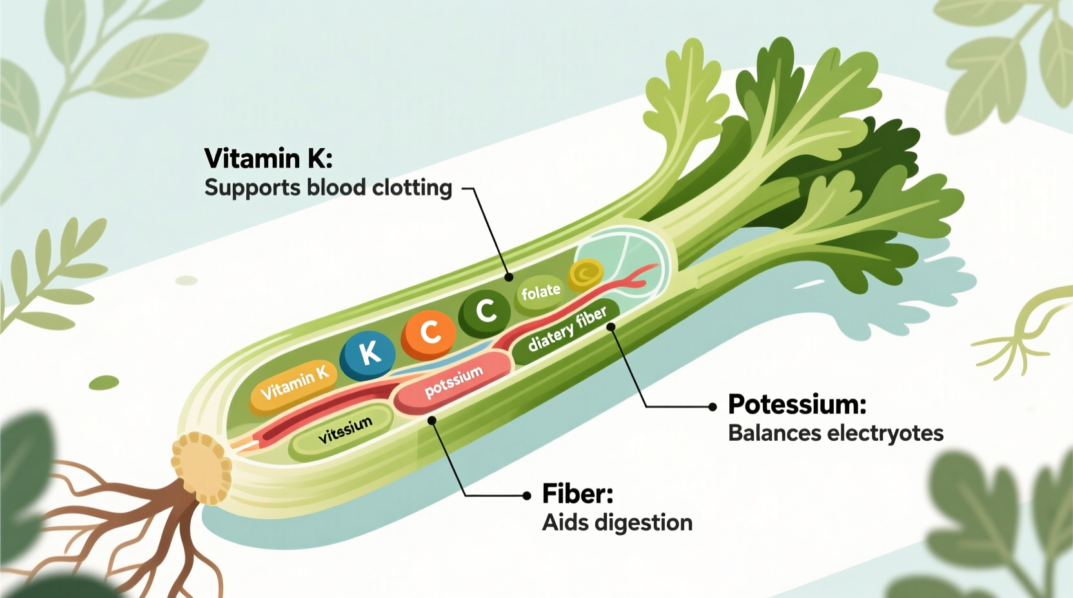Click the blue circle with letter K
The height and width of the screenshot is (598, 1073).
tap(368, 354)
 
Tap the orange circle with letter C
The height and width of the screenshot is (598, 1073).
tap(428, 333)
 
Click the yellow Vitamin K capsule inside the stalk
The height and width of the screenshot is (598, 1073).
tap(294, 384)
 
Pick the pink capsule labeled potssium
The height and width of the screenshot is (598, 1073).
tap(453, 382)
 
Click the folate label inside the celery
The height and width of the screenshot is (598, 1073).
tap(540, 293)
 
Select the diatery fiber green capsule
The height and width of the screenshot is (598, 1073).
tap(567, 330)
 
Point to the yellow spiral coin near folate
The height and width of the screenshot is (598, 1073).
tap(586, 275)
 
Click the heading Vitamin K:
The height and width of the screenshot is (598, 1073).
tap(268, 159)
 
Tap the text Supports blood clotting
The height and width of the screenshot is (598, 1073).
tap(328, 188)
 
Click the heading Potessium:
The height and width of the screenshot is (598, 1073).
tap(797, 405)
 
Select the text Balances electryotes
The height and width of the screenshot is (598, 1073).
tap(836, 433)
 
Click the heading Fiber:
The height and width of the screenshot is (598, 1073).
tap(578, 494)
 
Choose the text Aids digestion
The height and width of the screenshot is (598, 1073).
tap(617, 523)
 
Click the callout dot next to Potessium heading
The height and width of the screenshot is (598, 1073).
tap(712, 407)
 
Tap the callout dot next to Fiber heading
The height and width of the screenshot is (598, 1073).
tap(527, 496)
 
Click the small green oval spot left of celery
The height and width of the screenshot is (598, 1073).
tap(104, 383)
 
